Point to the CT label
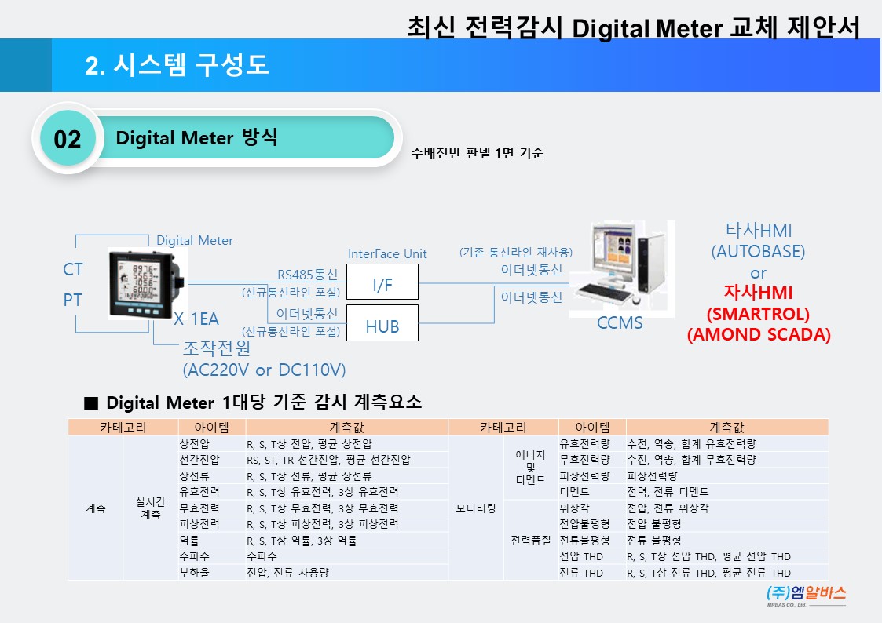[x=73, y=270]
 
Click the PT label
[x=73, y=301]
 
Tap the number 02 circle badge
[x=68, y=139]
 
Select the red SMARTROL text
[x=758, y=314]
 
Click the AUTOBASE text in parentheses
[x=758, y=252]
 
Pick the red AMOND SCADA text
[x=758, y=334]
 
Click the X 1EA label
[x=196, y=319]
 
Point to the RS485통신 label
[x=307, y=275]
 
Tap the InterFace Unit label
[x=387, y=253]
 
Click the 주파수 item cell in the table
[x=195, y=556]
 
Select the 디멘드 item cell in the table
[x=574, y=492]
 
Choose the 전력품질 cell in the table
[x=531, y=541]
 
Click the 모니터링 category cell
[x=476, y=508]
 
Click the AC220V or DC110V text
[x=264, y=370]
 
